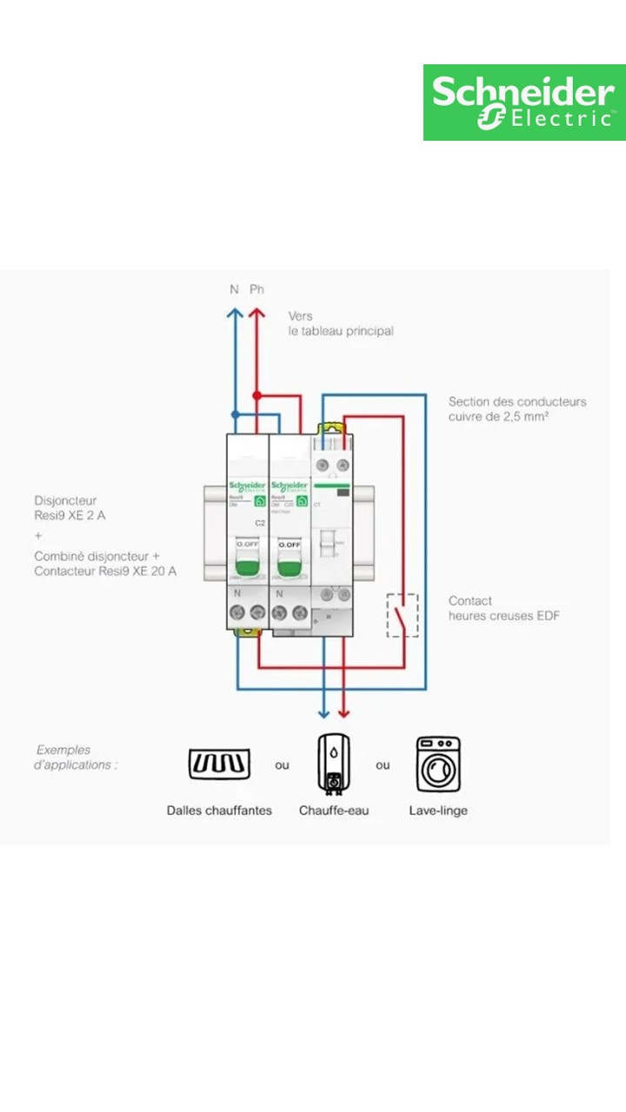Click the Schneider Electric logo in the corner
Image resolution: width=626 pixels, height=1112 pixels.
tap(524, 103)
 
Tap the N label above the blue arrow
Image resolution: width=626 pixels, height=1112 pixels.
tap(234, 289)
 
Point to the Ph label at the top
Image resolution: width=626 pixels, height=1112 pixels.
tap(256, 289)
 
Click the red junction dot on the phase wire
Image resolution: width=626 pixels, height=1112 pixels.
tap(256, 395)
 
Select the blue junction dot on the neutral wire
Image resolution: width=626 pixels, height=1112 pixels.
tap(235, 415)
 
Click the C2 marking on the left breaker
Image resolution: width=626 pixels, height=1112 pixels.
tap(259, 523)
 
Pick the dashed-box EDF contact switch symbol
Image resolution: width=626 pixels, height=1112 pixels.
tap(402, 615)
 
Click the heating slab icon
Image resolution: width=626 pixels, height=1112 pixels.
tap(219, 764)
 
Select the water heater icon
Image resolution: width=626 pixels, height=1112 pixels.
tap(333, 764)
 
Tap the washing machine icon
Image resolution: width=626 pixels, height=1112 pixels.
tap(438, 764)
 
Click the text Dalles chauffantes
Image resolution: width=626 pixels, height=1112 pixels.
tap(219, 811)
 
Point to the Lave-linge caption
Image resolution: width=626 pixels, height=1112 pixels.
tap(438, 811)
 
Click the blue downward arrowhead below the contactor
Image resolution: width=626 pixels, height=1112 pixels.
tap(323, 712)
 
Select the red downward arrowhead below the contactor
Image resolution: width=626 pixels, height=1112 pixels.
tap(343, 712)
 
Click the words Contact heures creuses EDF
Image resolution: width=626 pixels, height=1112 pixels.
tap(503, 608)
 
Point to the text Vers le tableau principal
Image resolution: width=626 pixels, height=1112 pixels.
tap(340, 323)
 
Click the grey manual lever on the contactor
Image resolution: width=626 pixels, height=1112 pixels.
tap(328, 543)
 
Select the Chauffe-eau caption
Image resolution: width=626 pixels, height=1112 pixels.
tap(334, 811)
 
